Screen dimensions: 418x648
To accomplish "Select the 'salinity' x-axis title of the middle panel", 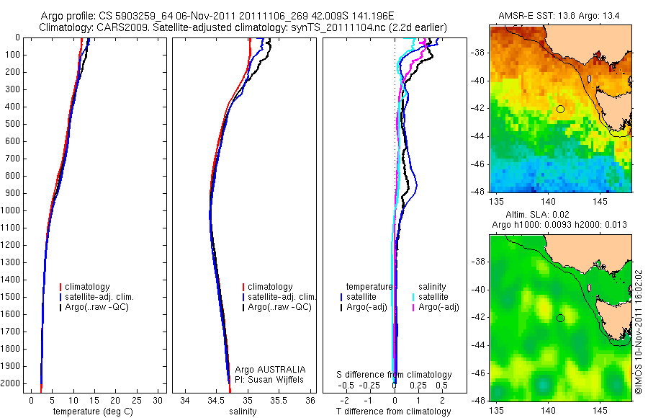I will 243,412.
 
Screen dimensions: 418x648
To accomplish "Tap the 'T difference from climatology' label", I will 394,412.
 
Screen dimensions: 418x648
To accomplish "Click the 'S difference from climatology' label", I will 395,375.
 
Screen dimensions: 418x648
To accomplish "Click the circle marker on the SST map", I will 560,109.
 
